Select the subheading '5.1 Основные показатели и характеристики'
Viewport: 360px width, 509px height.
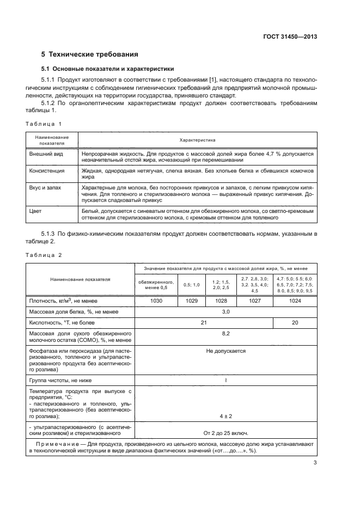coord(108,69)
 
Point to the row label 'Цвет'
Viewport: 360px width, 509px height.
coord(35,210)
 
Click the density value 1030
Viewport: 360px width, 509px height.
coord(156,301)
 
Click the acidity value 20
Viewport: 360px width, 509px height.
coord(295,323)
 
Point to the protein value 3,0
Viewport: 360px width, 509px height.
coord(225,312)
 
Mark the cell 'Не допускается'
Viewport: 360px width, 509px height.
coord(225,351)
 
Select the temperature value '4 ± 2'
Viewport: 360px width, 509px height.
coord(225,416)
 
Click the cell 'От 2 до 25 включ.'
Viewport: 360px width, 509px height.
coord(225,433)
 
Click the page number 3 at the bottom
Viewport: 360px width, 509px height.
coord(315,463)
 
